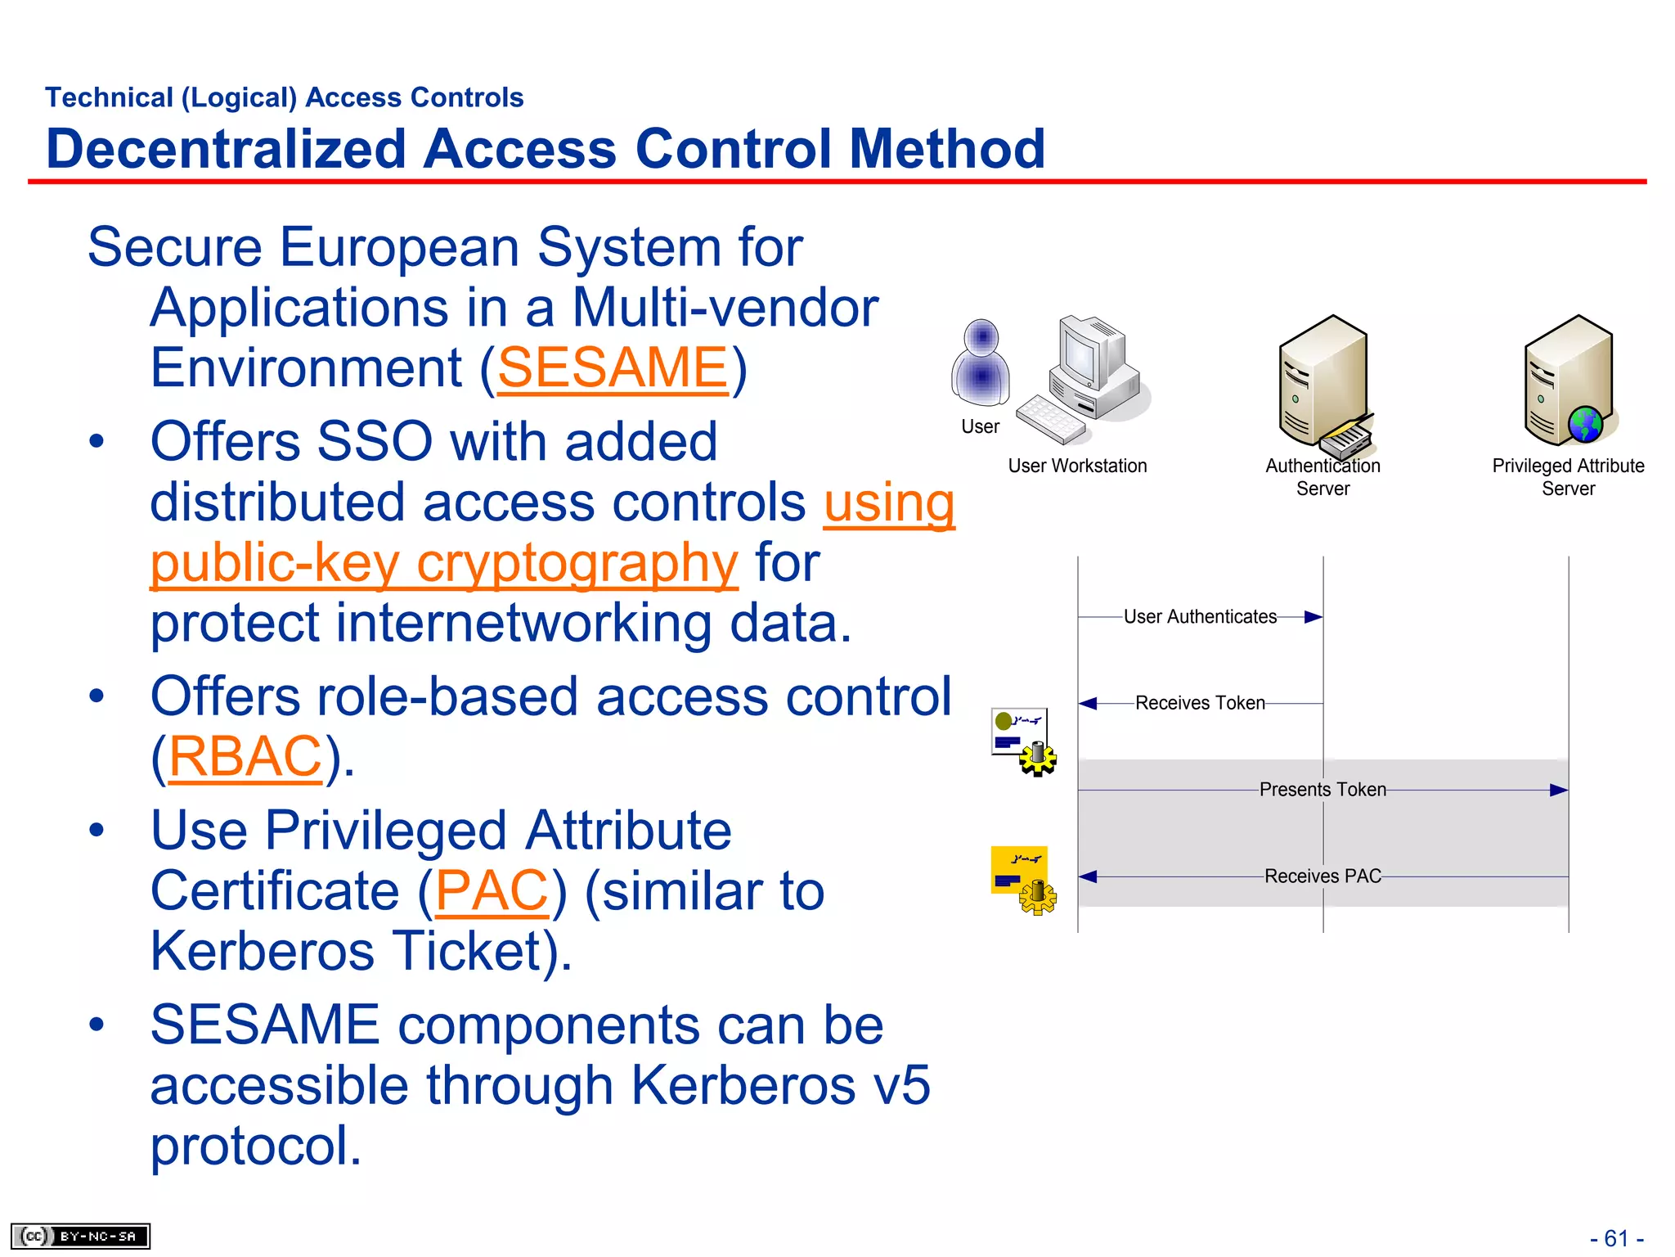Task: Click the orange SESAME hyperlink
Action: tap(612, 367)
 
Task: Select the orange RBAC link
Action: tap(245, 756)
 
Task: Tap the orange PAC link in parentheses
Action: tap(492, 890)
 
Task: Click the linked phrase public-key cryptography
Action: tap(443, 563)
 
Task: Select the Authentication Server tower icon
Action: tap(1322, 381)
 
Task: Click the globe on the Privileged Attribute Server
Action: tap(1586, 424)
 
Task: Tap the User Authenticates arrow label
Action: tap(1200, 617)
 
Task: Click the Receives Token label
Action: tap(1200, 703)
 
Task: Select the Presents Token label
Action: tap(1322, 790)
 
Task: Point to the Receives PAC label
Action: tap(1322, 876)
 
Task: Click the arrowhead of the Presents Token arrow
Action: tap(1559, 790)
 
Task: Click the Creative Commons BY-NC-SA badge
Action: tap(80, 1236)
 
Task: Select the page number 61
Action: tap(1616, 1238)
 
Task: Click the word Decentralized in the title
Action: tap(226, 149)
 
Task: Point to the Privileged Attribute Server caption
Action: tap(1568, 477)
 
